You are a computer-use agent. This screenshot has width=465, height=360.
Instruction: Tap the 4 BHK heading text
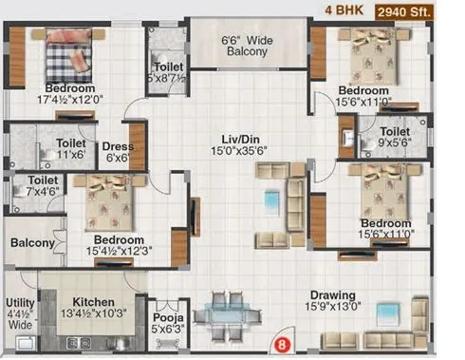pos(344,11)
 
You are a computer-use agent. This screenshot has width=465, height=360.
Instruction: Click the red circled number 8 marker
pos(280,343)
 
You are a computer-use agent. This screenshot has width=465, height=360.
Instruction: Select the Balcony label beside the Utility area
pos(32,243)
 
